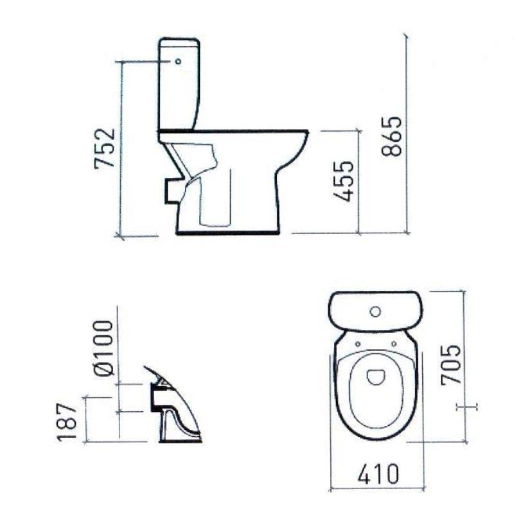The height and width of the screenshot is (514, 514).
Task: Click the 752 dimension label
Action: [x=105, y=148]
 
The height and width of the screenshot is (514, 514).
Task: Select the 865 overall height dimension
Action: [x=392, y=136]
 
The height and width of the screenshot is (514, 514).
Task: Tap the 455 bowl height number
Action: [x=344, y=181]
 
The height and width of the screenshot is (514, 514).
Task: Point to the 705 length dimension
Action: [x=451, y=364]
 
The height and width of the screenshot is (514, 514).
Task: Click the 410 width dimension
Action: [x=378, y=474]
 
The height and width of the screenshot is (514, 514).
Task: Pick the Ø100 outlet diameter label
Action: [x=103, y=348]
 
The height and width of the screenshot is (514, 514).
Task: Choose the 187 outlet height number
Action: [x=67, y=422]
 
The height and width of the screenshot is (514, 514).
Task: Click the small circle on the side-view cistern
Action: [x=178, y=61]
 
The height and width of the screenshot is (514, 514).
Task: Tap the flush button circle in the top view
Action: [x=375, y=312]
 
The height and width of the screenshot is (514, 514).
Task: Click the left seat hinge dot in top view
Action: [x=358, y=344]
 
